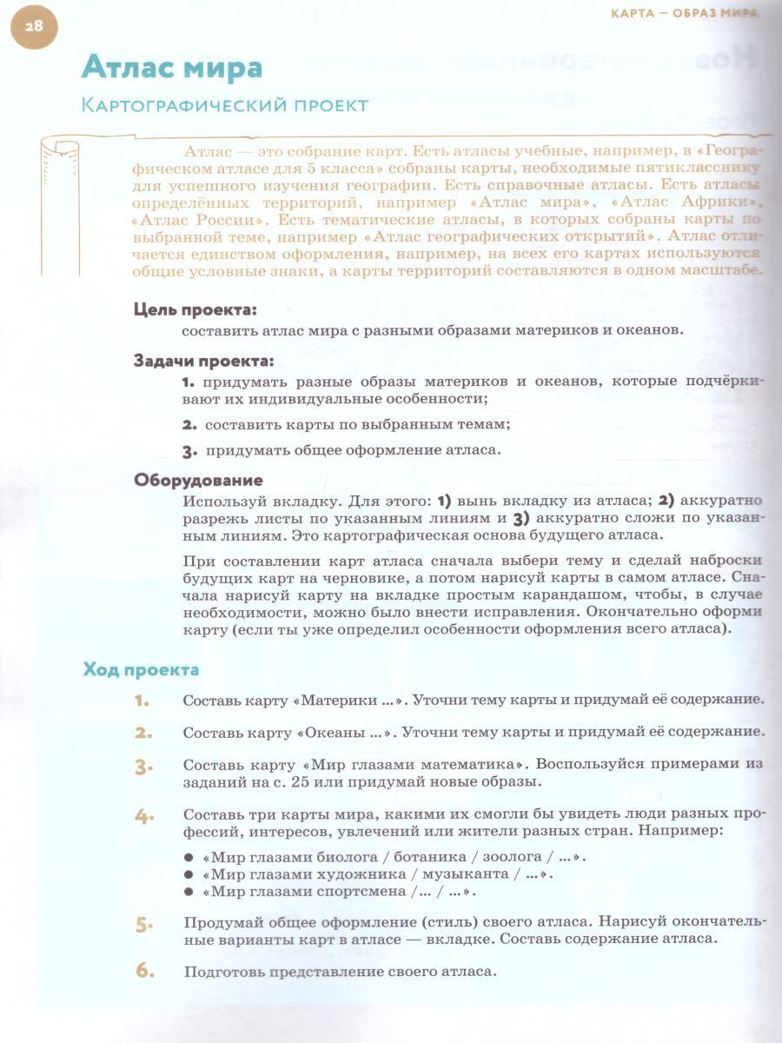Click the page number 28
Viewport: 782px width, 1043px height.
(x=33, y=26)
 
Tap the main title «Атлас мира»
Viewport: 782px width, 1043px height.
(x=171, y=67)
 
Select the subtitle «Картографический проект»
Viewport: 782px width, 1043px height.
(x=224, y=105)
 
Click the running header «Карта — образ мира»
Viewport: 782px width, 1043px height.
(x=684, y=12)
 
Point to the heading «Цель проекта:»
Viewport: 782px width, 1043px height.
(x=195, y=309)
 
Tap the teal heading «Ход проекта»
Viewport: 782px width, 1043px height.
(x=141, y=669)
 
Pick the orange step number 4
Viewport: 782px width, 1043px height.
(x=143, y=816)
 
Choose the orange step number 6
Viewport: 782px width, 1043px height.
(x=143, y=970)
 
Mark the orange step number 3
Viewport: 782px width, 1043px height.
(x=143, y=767)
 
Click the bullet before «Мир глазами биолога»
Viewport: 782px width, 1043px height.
(x=188, y=856)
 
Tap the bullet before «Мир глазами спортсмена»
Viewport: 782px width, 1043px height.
(x=188, y=892)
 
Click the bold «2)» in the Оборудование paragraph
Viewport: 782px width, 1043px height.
(x=666, y=500)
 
